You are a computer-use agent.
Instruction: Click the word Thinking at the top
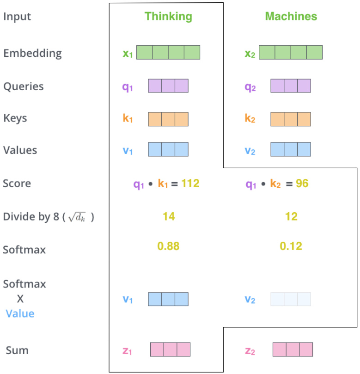[x=168, y=17]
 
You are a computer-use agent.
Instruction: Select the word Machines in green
[x=291, y=16]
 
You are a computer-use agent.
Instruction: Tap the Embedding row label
[x=32, y=53]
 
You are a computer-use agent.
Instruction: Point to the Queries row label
[x=24, y=86]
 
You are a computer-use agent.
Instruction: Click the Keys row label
[x=15, y=118]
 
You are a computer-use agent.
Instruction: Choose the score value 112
[x=190, y=184]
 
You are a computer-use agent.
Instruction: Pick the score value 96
[x=302, y=184]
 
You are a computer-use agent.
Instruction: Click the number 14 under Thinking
[x=169, y=216]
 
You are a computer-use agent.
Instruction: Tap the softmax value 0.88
[x=168, y=246]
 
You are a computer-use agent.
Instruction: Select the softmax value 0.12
[x=291, y=246]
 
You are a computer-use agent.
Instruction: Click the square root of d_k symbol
[x=77, y=217]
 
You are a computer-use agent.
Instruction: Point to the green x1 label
[x=128, y=54]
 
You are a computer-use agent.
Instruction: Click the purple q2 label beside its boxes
[x=250, y=87]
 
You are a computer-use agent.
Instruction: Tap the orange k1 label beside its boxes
[x=128, y=118]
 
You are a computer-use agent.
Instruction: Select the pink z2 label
[x=250, y=351]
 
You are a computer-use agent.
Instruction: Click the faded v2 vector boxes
[x=291, y=299]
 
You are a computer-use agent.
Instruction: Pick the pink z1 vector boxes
[x=170, y=349]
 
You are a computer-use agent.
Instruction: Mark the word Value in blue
[x=20, y=313]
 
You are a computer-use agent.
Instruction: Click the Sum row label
[x=17, y=350]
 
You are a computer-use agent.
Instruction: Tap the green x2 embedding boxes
[x=291, y=52]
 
